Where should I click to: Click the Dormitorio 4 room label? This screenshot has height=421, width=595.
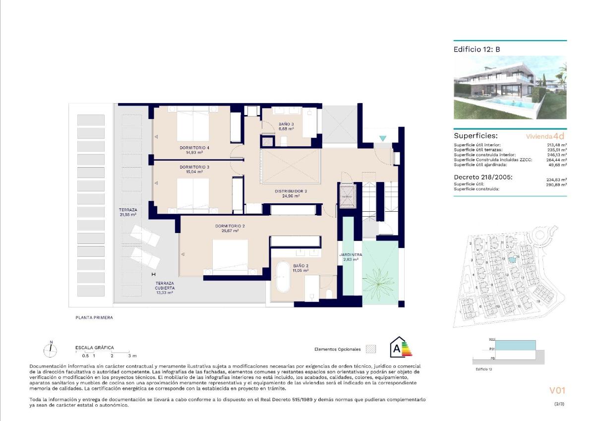(194, 148)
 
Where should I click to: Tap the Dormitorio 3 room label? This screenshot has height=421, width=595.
(194, 167)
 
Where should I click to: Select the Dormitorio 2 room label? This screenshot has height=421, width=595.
(230, 226)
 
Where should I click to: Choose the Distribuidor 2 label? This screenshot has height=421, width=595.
(291, 191)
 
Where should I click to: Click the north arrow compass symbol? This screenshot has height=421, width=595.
(51, 350)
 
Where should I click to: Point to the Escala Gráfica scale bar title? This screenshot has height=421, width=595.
(94, 348)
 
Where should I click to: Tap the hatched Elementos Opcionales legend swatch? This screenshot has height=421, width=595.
(370, 349)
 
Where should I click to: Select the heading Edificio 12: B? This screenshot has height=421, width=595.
(476, 50)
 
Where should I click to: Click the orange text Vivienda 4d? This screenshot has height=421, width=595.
(545, 135)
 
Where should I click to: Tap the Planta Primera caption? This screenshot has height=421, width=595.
(94, 317)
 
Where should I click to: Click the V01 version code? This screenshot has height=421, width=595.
(557, 390)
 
